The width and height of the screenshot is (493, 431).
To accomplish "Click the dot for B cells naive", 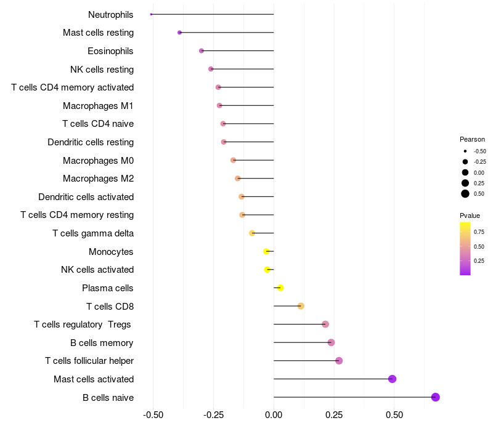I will [436, 397].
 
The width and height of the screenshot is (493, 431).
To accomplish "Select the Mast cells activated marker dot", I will [392, 379].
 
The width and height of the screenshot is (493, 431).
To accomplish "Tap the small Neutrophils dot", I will [151, 14].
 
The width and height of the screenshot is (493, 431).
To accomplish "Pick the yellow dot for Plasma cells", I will [280, 288].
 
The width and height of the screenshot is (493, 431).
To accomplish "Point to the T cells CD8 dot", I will [301, 306].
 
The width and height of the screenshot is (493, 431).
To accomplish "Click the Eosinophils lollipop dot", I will [202, 50].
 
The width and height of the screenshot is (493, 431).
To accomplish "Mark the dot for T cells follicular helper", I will [339, 361].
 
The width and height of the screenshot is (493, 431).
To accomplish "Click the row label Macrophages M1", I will [98, 106].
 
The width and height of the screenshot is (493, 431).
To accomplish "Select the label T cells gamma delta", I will [93, 233].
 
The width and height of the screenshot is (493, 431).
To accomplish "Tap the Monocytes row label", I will [111, 251].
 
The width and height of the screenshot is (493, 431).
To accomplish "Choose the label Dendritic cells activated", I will [86, 197].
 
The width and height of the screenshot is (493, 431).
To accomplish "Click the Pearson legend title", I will [472, 139].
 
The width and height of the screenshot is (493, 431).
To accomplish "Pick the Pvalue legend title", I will [470, 216].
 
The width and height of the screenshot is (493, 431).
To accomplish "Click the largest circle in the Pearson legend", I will [465, 194].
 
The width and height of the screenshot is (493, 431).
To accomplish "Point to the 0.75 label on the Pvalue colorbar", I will [479, 232].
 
